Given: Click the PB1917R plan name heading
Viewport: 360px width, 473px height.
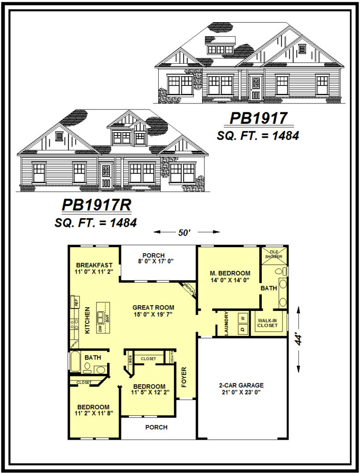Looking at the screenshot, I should (96, 205).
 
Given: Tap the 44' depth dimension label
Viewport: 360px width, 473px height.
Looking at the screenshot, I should (300, 340).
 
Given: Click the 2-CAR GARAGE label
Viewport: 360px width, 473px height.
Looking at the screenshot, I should (241, 385).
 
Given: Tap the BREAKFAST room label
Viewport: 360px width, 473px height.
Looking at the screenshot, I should (95, 265).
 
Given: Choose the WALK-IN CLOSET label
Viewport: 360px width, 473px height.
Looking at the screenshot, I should (268, 322).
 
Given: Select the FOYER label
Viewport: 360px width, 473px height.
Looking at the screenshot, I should (184, 376).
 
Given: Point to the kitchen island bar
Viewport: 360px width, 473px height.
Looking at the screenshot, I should (103, 318).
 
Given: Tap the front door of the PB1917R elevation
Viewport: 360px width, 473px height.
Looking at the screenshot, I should (106, 175).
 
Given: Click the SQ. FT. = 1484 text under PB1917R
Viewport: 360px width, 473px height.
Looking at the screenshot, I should (96, 223).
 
